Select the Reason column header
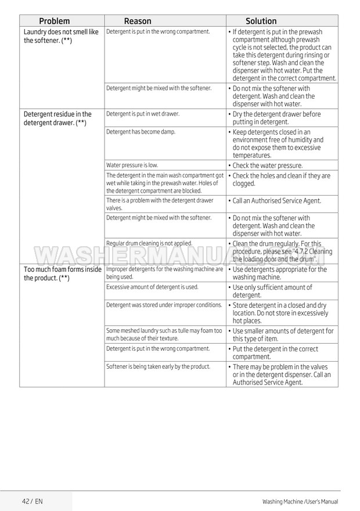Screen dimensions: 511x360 coord(138,21)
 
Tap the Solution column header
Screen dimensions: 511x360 coord(261,21)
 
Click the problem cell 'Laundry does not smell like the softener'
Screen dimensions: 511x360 coord(61,36)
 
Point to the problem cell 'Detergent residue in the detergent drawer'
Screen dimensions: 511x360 coord(57,118)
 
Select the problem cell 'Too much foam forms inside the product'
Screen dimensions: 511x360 coord(62,274)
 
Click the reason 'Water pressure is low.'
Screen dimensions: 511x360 coord(132,165)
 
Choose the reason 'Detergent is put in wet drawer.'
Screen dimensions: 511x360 coord(143,114)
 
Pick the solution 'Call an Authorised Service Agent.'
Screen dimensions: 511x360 coord(276,201)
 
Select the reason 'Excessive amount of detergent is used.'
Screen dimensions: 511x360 coord(152,287)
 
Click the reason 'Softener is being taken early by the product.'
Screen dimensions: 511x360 coord(158,366)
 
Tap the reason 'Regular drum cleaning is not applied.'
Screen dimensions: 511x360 coord(149,243)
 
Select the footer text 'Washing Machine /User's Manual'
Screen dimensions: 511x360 coord(300,501)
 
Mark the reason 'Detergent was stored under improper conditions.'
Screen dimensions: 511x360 coord(164,304)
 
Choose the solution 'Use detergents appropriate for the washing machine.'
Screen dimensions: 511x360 coord(279,274)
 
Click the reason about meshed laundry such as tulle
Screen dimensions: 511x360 coord(164,334)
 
